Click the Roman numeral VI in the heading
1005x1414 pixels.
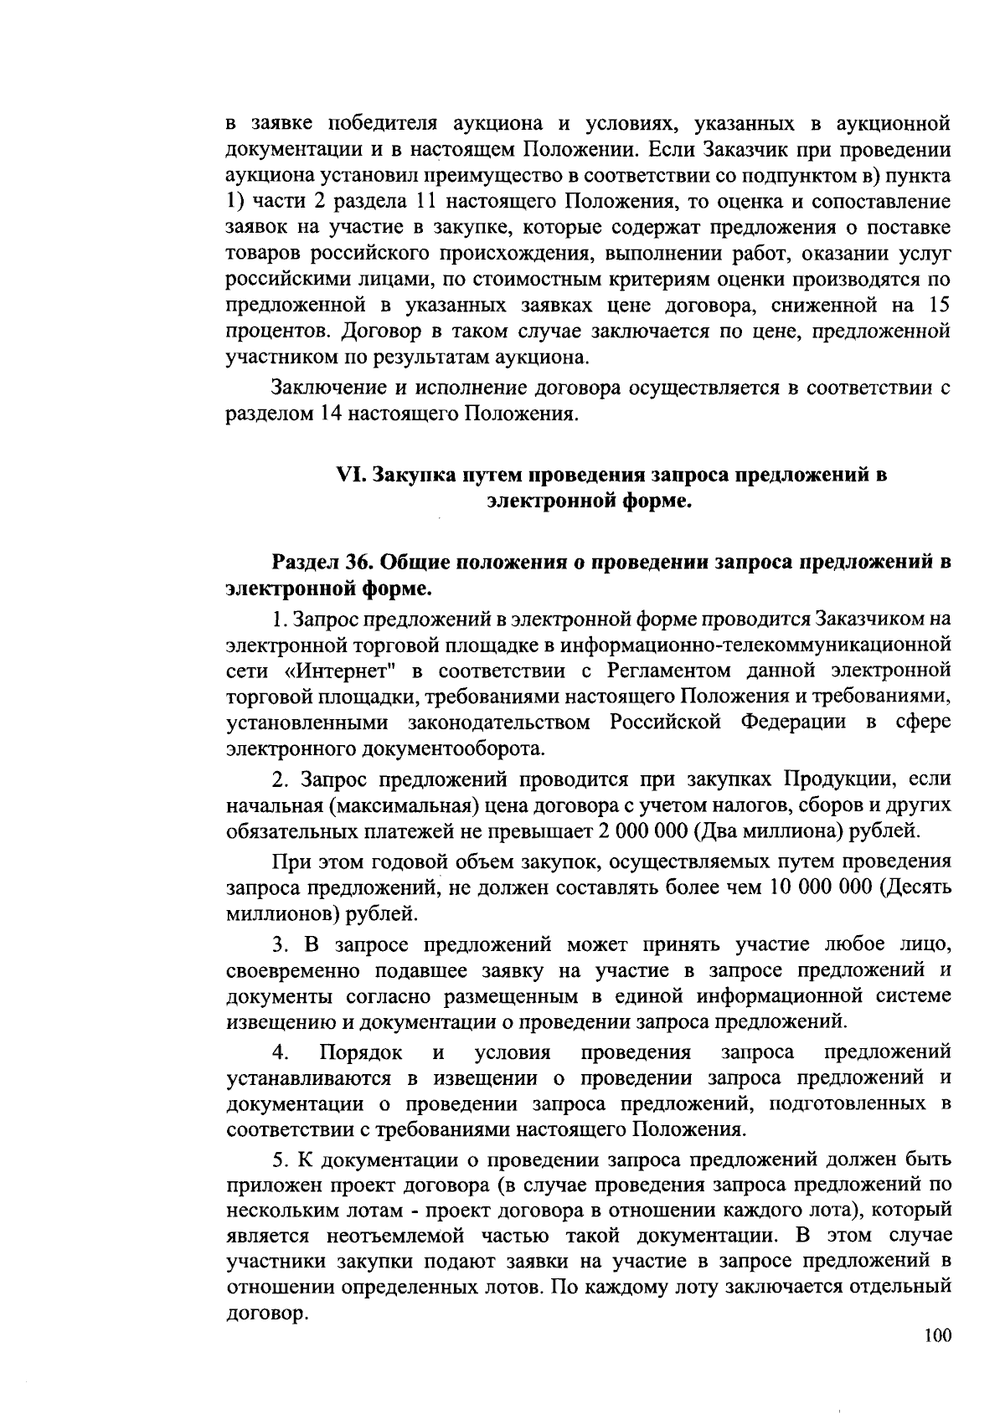(348, 476)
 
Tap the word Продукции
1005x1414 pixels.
(839, 779)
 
